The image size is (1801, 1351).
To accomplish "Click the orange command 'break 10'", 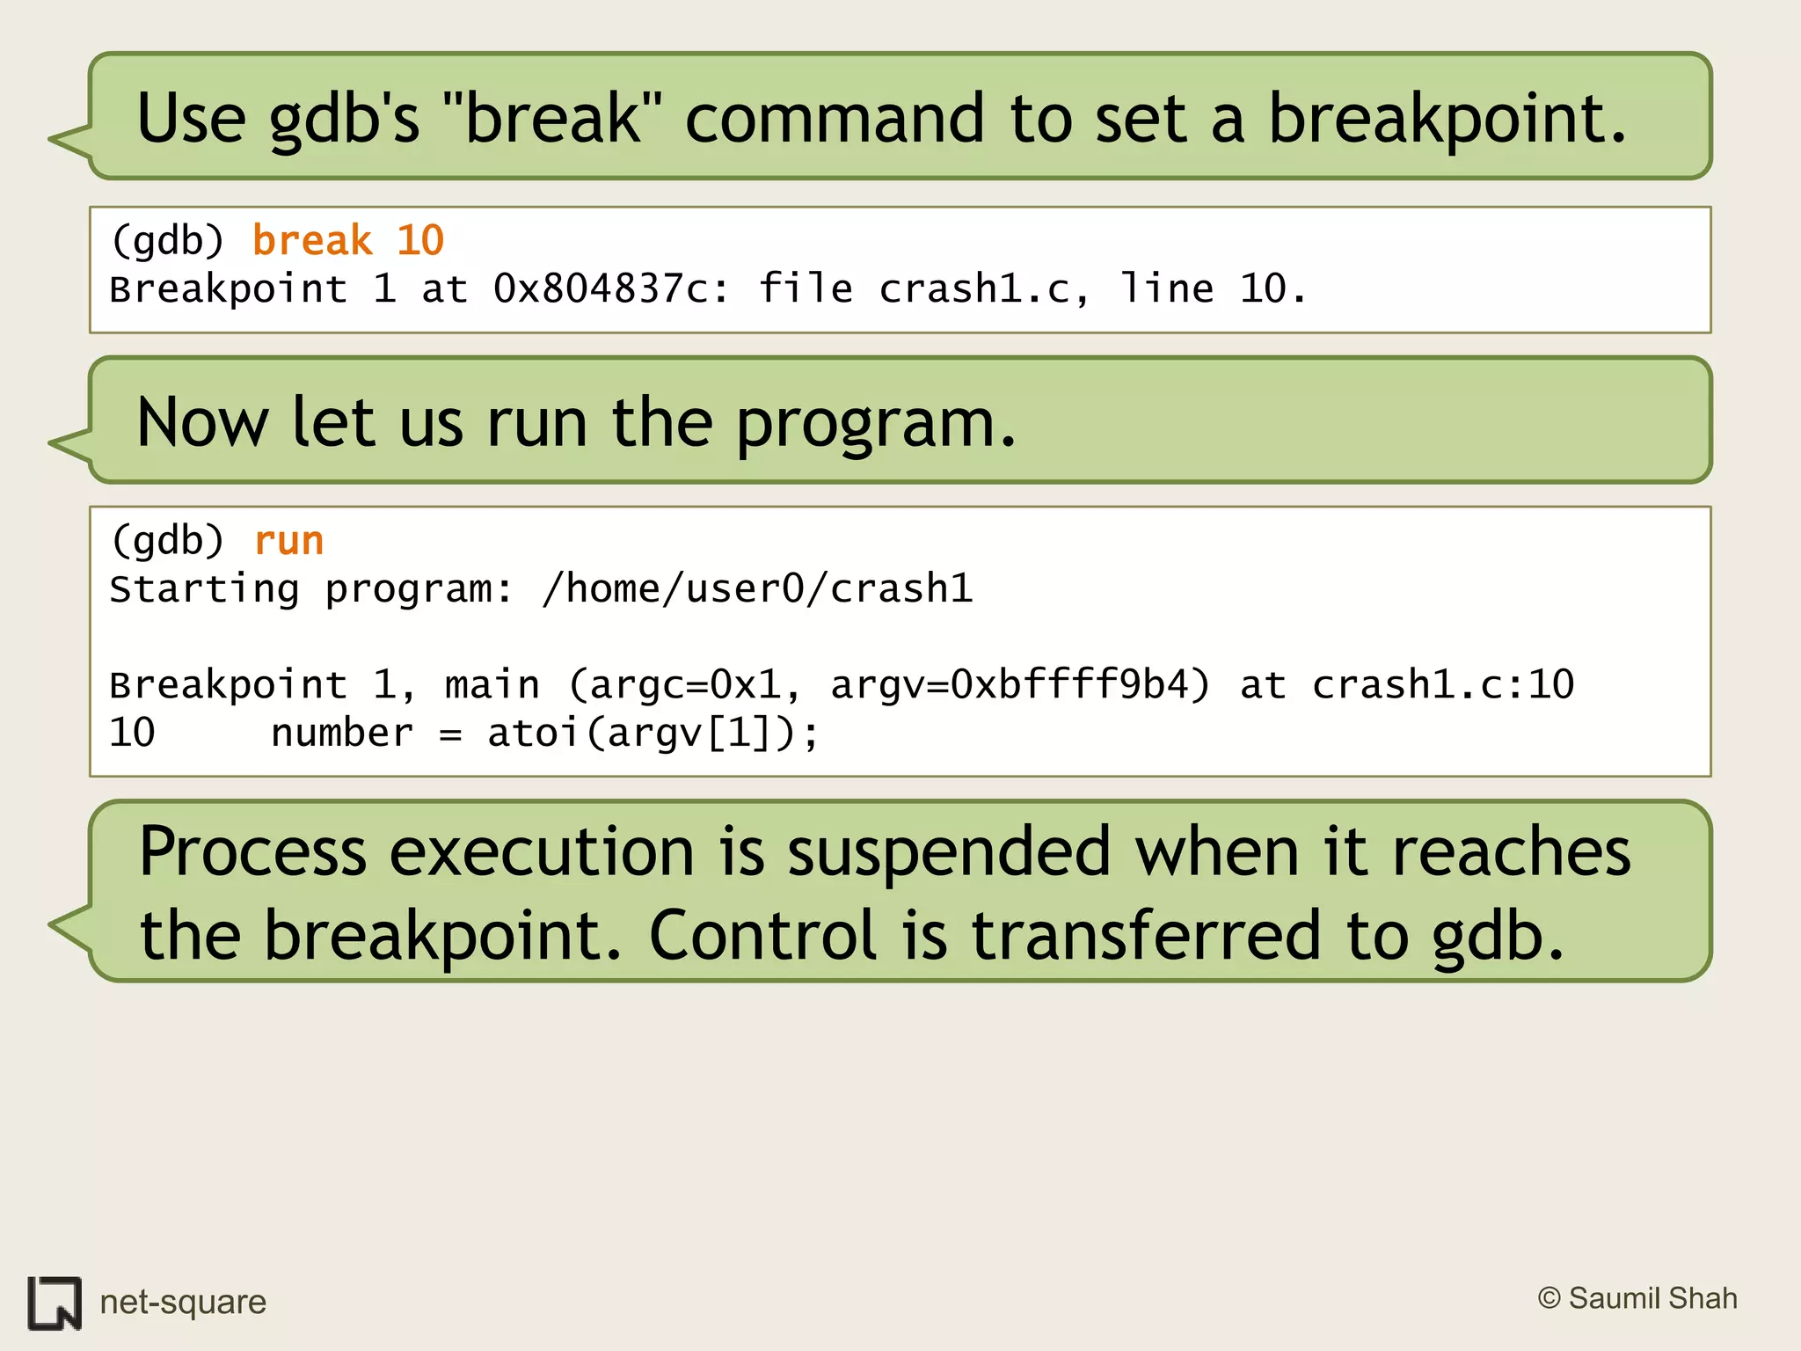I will pos(348,241).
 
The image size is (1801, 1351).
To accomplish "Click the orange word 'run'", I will pos(288,541).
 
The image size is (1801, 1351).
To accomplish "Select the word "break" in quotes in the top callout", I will pos(554,119).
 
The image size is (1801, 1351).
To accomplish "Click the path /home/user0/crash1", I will pos(757,589).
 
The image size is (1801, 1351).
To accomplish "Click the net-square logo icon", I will pos(55,1303).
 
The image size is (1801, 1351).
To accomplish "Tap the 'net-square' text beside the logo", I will pos(183,1302).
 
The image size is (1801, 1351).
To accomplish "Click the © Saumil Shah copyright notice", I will pos(1637,1298).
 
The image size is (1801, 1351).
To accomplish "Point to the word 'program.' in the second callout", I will pos(875,424).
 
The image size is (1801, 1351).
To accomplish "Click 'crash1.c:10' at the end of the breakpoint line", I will pos(1442,685).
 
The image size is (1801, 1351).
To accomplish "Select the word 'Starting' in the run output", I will pos(204,589).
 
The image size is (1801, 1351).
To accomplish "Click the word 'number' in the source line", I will pos(342,734).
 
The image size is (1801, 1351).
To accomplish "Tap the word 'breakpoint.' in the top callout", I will pos(1447,119).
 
